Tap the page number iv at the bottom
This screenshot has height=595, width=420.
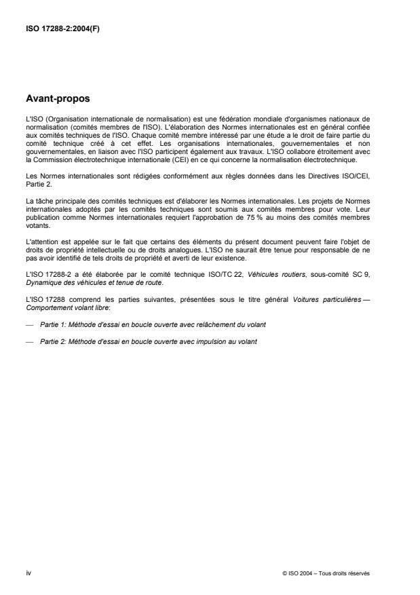(28, 573)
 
